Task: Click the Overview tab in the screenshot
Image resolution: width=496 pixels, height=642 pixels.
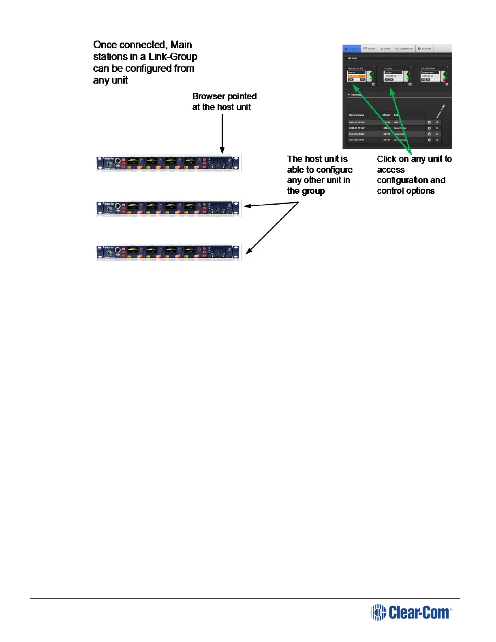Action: pos(351,49)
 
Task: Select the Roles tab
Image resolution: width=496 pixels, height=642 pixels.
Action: pos(385,49)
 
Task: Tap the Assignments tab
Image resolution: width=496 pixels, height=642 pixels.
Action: pos(404,49)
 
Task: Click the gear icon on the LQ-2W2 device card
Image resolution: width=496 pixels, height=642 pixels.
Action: pos(410,84)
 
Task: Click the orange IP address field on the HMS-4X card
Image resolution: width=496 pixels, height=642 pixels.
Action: pos(356,76)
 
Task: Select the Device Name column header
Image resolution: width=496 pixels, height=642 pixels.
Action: pos(357,115)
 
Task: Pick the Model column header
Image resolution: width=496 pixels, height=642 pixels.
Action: pos(386,115)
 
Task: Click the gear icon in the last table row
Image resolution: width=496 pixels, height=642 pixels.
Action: pos(429,140)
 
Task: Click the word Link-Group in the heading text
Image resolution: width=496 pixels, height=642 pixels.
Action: pos(173,57)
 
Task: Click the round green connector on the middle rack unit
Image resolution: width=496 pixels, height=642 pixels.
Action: pos(109,209)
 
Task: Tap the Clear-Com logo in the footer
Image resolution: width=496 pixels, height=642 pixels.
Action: pos(411,612)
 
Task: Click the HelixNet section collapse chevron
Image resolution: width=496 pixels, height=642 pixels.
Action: pos(349,95)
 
